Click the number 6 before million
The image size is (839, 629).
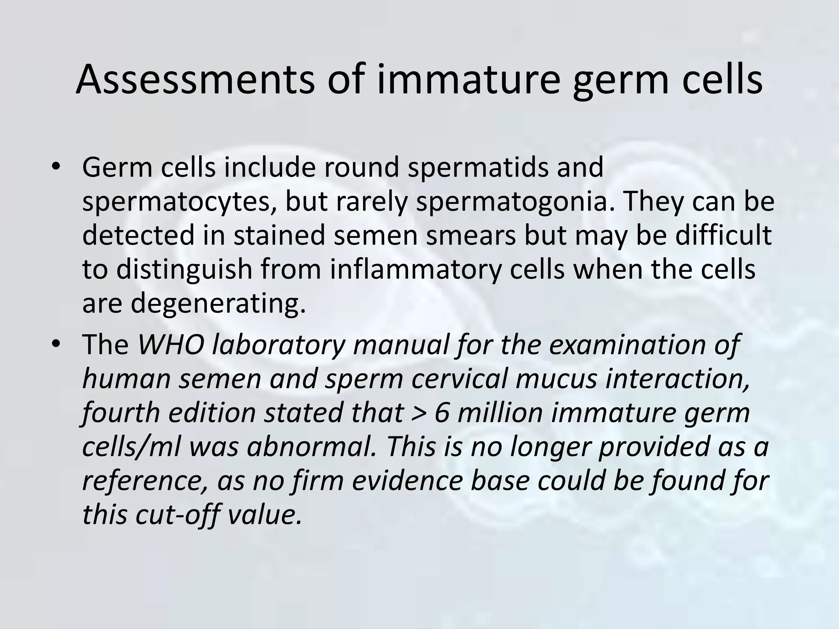(442, 412)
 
